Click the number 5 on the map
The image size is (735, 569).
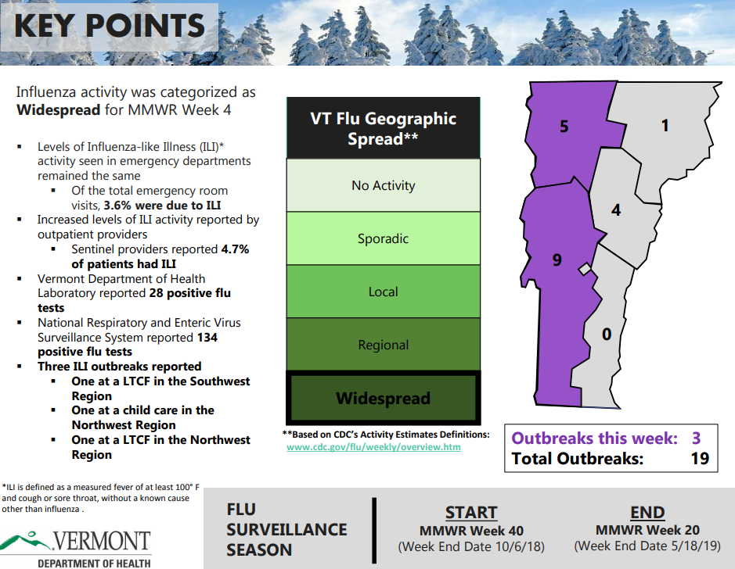click(564, 126)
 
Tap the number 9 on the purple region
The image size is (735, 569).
click(557, 259)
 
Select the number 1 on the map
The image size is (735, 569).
click(665, 125)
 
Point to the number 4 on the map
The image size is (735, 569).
click(616, 210)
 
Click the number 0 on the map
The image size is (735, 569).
click(606, 335)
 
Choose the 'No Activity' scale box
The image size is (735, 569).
click(383, 185)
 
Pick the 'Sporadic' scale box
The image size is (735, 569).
click(383, 238)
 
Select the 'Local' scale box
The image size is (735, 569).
click(383, 292)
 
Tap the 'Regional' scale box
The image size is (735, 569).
click(383, 345)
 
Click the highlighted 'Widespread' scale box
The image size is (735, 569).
click(383, 398)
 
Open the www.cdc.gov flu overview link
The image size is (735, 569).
click(373, 447)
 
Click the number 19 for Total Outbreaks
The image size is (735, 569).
click(700, 458)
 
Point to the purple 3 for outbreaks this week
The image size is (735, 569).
click(697, 438)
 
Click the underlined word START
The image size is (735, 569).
click(471, 513)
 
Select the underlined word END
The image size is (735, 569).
click(647, 513)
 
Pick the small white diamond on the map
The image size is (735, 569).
click(583, 270)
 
